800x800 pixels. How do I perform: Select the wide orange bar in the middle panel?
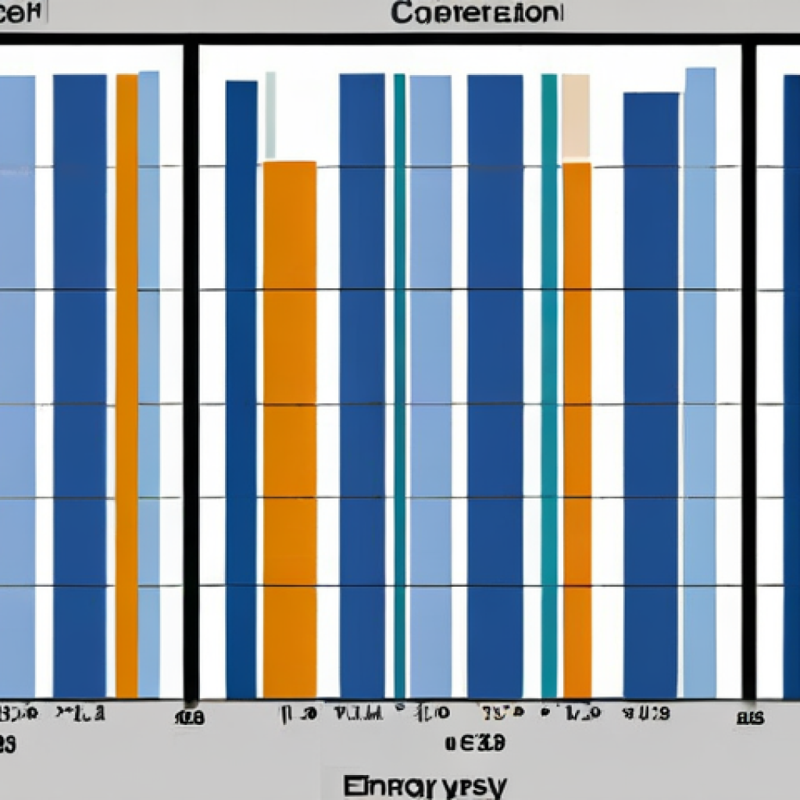coord(290,430)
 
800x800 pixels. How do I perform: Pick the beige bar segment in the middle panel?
coord(576,117)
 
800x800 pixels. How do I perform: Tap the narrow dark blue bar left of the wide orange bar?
coord(241,391)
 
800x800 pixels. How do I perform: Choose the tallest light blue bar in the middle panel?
coord(699,383)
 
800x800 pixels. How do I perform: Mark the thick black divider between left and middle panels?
coord(191,367)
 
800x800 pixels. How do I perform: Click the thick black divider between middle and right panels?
coord(748,367)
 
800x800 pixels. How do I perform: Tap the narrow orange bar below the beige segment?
coord(577,430)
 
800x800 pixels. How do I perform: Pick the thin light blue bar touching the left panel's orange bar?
coord(148,383)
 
